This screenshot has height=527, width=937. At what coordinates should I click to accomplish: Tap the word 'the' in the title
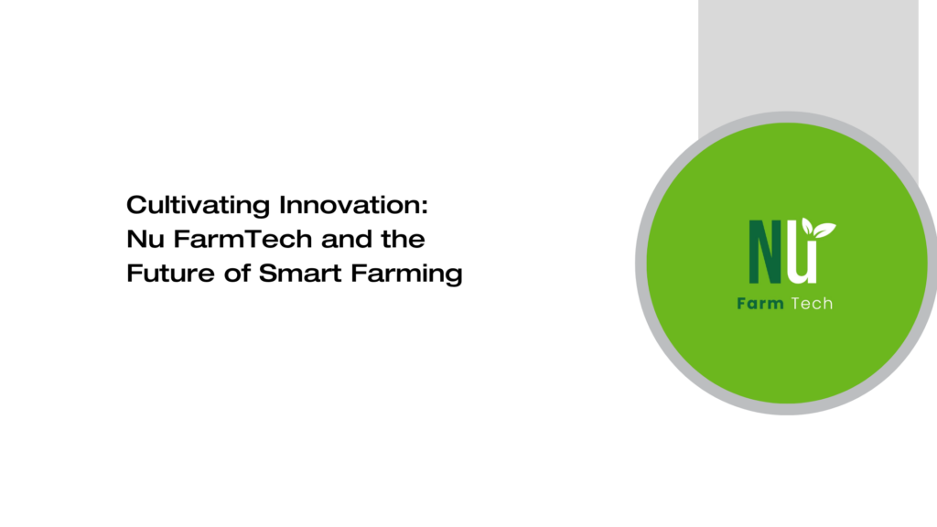tap(404, 240)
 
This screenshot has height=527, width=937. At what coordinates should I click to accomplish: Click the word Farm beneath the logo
tap(760, 303)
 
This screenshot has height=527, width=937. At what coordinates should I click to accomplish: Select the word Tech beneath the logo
tap(812, 303)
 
